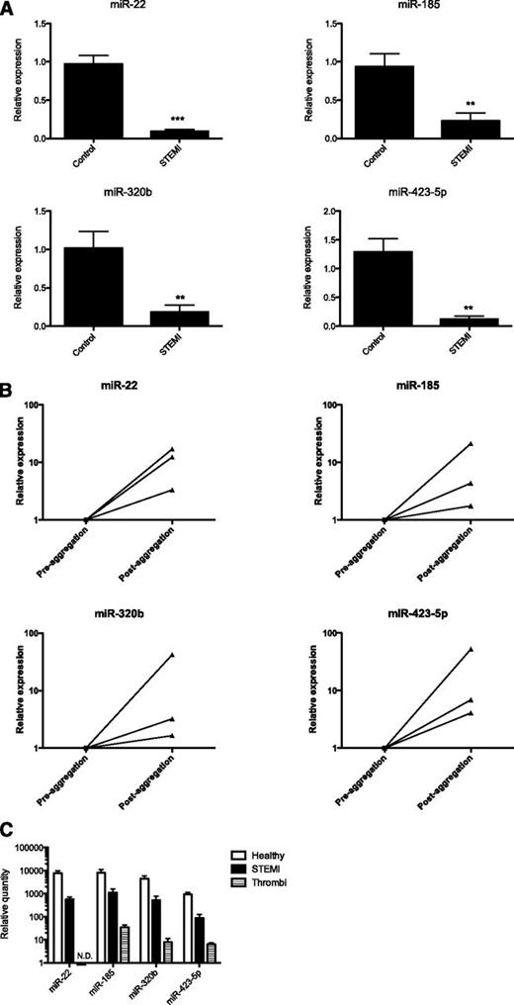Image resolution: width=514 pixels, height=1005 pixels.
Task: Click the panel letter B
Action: pos(8,365)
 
